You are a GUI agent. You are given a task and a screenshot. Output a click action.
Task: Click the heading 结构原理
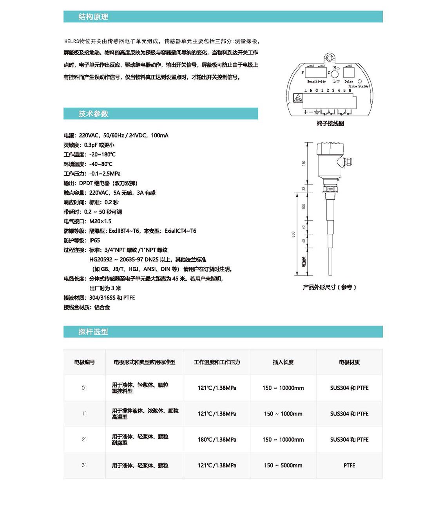93,17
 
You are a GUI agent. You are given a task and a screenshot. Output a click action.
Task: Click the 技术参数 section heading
93,114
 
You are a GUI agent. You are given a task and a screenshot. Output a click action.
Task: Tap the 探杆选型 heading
93,332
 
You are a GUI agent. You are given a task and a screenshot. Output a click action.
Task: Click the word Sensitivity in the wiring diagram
316,81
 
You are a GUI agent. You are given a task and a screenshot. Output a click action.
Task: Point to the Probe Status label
358,86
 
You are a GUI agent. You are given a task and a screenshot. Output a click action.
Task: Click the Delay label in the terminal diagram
348,81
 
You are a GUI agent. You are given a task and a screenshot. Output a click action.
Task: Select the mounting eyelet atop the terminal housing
330,58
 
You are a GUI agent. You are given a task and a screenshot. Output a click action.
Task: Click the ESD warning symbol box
298,98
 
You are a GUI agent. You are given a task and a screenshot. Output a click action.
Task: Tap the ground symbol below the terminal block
316,112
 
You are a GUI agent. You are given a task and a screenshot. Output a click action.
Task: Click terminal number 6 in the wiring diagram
350,91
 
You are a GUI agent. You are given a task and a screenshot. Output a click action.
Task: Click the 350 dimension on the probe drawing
293,234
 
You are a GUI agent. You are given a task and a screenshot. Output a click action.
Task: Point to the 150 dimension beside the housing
303,163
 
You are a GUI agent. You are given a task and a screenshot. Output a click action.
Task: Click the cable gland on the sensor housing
347,162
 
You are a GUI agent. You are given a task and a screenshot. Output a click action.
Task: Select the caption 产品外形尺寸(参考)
329,287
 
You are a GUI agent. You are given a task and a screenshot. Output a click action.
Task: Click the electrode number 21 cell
84,440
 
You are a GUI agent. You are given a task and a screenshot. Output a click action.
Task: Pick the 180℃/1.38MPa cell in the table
217,440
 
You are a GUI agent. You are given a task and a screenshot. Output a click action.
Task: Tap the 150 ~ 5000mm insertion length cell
283,465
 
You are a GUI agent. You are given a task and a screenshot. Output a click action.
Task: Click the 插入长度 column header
283,362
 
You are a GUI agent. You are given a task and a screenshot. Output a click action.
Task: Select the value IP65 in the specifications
94,240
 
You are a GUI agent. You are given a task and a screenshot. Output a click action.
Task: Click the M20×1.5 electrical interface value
100,221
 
